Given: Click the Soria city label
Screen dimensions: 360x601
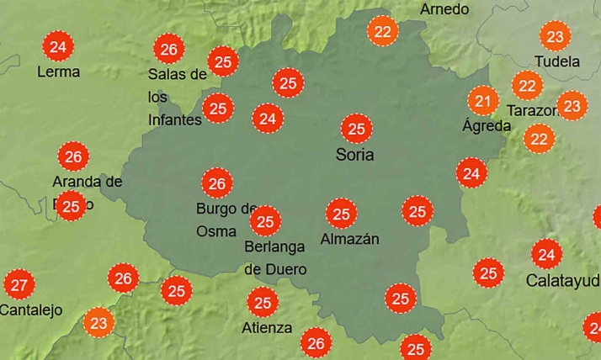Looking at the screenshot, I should (354, 155).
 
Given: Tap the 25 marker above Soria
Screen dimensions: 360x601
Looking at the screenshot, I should (356, 129).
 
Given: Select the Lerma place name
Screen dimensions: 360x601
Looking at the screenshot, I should (58, 71).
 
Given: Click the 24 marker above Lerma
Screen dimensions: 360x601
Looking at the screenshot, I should (57, 46).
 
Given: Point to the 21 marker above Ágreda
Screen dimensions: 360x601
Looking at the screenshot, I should (482, 102).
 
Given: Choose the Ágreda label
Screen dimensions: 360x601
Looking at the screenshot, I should (487, 126).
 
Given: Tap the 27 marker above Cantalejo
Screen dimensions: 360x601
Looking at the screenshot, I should (19, 284).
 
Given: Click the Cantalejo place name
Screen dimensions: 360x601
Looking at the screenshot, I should (31, 310).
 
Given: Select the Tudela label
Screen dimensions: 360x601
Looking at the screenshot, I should (557, 61).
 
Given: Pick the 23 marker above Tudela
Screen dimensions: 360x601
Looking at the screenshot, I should (555, 36).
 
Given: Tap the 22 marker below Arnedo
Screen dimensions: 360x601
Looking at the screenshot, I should (383, 32).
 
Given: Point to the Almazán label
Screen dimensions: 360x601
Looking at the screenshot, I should (350, 239).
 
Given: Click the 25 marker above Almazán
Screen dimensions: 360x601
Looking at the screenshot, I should (341, 214).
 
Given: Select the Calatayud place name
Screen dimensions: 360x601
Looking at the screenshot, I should (562, 279).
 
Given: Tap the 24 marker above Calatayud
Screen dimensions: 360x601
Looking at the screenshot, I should (547, 253).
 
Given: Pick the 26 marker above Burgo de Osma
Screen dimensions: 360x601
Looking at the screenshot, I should (217, 183).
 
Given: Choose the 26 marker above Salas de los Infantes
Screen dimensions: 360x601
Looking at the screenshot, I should (169, 50).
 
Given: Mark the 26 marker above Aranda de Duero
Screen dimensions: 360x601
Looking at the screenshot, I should (73, 156).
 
